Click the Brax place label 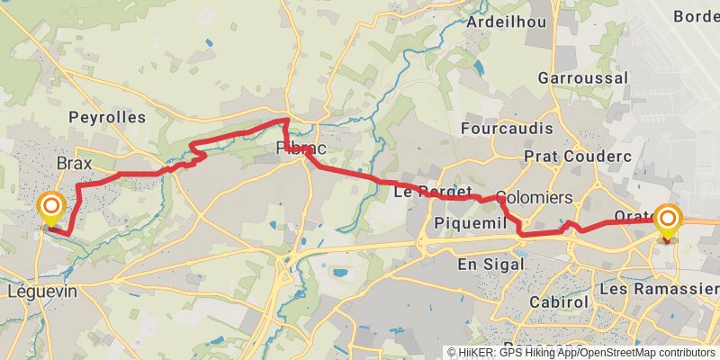click(75, 163)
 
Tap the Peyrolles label click(106, 118)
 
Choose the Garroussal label click(582, 78)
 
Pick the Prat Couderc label click(586, 157)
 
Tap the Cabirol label click(559, 301)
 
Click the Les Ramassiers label click(659, 289)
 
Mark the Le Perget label click(433, 192)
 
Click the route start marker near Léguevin click(52, 209)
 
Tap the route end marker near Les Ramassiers click(668, 221)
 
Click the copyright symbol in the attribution click(452, 353)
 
